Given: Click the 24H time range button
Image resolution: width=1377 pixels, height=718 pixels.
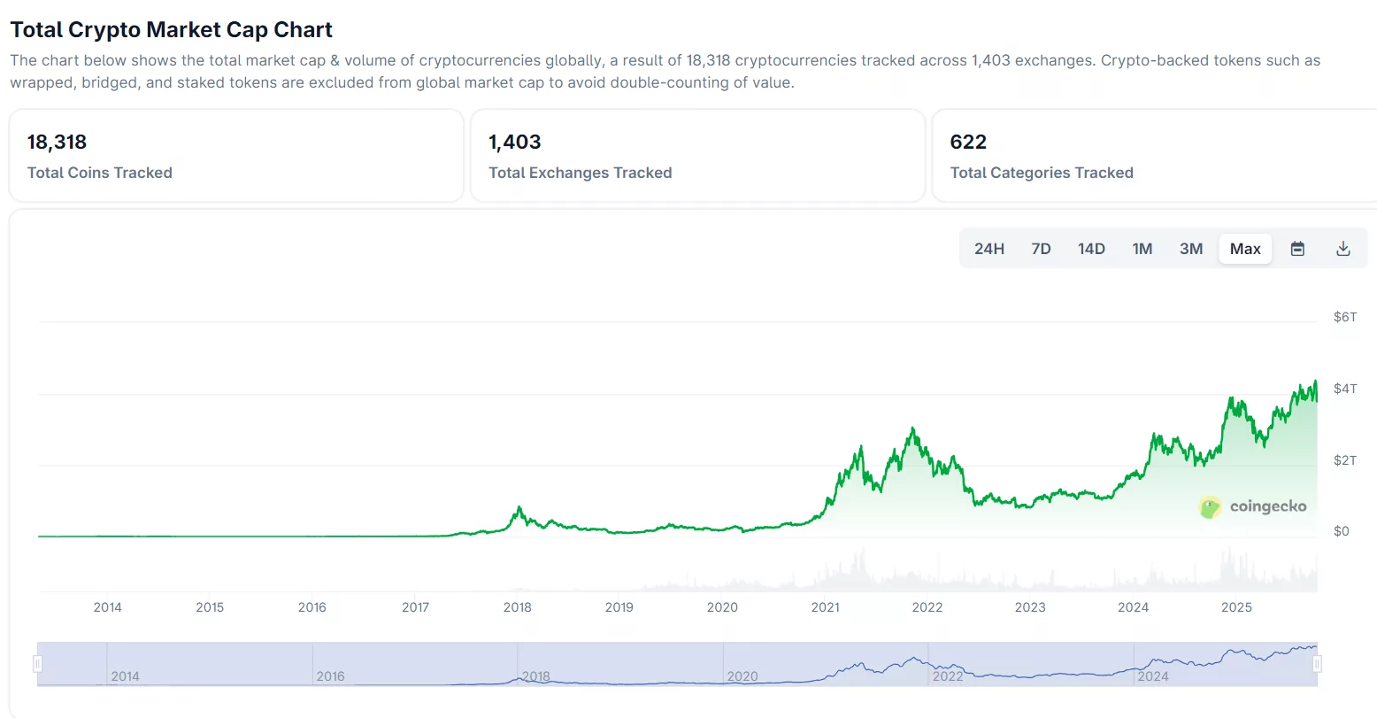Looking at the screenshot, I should (989, 249).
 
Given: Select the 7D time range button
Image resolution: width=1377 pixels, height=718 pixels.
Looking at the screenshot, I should (1041, 249).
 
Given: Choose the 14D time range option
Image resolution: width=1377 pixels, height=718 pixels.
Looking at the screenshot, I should (1091, 249).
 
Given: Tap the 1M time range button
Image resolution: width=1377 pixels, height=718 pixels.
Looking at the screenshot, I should (1142, 249).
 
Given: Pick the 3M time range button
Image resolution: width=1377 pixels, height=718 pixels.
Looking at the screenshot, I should (1191, 249).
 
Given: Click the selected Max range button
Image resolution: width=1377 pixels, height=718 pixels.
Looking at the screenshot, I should (1245, 249).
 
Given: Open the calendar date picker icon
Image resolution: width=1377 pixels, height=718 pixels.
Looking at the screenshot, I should (1297, 249).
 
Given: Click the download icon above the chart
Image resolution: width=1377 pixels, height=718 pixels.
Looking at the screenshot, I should (1342, 249).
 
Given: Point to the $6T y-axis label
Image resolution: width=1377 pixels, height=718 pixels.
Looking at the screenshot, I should (1344, 317).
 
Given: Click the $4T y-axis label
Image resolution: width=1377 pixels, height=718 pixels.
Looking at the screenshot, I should (1344, 389).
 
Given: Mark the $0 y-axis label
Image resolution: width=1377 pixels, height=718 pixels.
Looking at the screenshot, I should (1342, 531).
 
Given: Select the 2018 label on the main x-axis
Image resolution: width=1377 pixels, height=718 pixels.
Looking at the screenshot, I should (518, 607).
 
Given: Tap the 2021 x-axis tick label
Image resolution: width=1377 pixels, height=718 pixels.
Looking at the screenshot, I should (825, 607).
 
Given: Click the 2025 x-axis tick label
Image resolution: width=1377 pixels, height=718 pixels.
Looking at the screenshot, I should (1236, 607).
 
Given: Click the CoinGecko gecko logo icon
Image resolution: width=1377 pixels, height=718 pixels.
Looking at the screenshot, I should (1210, 507).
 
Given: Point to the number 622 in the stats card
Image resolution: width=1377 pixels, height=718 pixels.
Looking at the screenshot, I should (968, 142).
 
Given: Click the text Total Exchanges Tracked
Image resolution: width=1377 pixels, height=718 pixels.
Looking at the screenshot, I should (580, 173).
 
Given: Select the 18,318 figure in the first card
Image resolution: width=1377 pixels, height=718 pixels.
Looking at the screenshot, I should (57, 142).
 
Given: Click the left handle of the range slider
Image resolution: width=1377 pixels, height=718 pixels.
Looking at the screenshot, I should (37, 663).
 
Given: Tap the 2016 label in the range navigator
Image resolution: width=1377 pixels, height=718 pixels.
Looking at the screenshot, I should (330, 676).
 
